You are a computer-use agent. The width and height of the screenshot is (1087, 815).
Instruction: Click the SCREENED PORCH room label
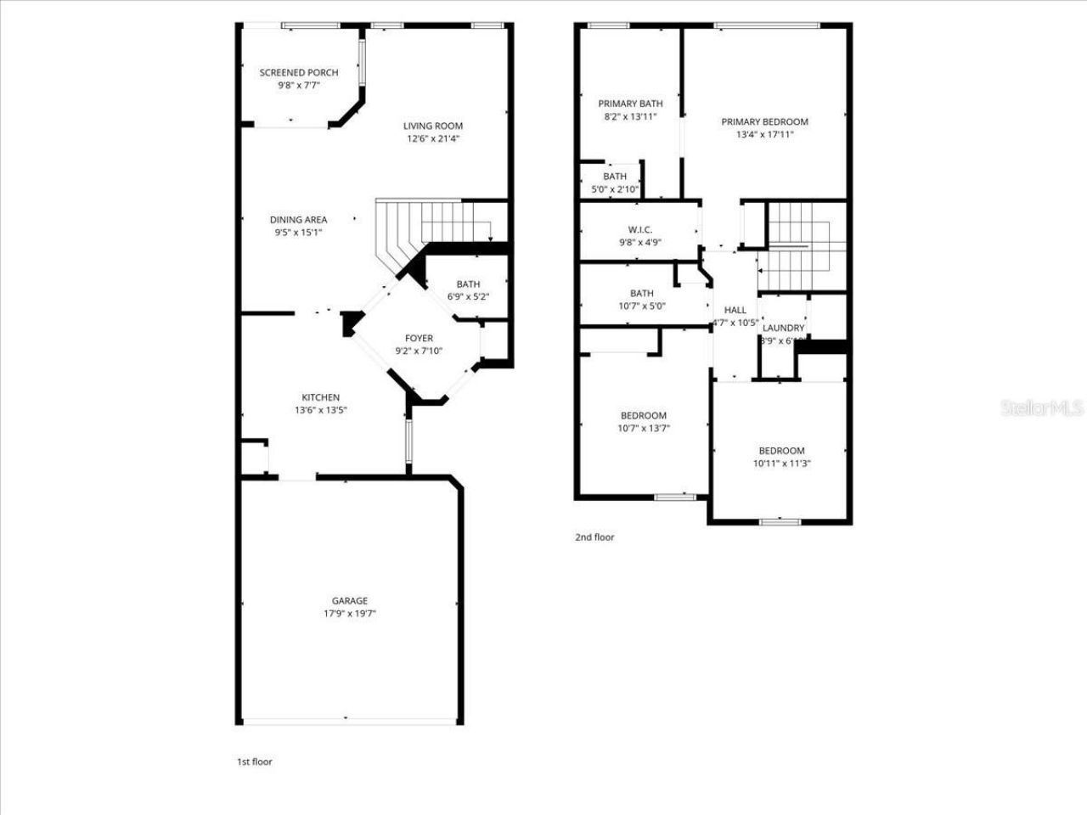(x=299, y=73)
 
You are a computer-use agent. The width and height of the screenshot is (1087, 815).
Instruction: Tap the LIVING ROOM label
(x=433, y=126)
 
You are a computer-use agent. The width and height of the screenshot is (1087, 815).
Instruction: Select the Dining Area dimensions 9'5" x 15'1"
(x=298, y=233)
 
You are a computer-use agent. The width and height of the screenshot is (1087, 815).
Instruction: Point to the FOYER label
(x=419, y=339)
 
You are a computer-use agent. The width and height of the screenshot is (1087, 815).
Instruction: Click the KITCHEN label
(x=321, y=397)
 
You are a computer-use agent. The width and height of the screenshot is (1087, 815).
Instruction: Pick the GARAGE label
(x=350, y=601)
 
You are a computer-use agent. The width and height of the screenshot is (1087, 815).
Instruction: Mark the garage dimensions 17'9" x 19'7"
(x=350, y=613)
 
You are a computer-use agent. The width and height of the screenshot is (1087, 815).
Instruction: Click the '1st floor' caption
(x=255, y=762)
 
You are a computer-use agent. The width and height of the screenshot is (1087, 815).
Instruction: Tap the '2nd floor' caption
(x=594, y=537)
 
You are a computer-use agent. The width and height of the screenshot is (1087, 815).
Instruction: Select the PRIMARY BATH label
(x=630, y=104)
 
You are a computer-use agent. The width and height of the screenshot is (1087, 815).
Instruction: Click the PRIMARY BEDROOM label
(x=764, y=122)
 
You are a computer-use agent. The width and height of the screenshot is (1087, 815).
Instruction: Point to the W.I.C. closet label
(x=640, y=229)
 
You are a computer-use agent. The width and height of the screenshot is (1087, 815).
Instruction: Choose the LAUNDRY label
(x=783, y=329)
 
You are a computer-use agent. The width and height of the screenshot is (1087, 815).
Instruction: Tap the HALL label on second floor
(x=735, y=311)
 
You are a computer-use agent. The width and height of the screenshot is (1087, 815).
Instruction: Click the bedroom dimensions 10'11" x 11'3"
(x=781, y=464)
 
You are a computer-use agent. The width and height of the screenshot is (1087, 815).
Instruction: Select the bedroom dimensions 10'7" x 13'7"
(x=644, y=428)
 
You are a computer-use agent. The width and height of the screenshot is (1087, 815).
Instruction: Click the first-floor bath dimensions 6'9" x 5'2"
(x=468, y=297)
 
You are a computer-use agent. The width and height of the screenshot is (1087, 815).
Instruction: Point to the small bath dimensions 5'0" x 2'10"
(x=615, y=189)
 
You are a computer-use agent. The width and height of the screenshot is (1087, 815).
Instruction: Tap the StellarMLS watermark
(x=1042, y=408)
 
